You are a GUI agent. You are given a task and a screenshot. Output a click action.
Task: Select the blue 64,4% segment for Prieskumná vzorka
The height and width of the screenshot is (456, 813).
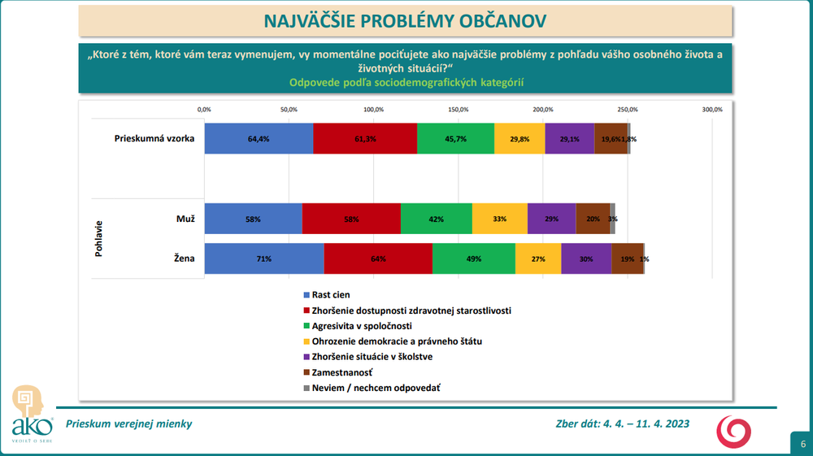pyautogui.click(x=259, y=139)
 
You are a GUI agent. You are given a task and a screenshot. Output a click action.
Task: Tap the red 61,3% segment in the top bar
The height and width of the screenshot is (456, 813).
pyautogui.click(x=365, y=139)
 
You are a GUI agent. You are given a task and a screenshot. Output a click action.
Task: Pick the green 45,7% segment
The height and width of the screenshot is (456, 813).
pyautogui.click(x=455, y=139)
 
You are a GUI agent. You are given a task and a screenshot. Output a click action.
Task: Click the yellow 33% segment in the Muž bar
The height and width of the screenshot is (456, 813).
pyautogui.click(x=499, y=219)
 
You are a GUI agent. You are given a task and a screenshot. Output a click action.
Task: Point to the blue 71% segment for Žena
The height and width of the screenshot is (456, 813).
pyautogui.click(x=263, y=259)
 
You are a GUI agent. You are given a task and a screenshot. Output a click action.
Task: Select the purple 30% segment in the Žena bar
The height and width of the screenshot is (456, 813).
pyautogui.click(x=586, y=259)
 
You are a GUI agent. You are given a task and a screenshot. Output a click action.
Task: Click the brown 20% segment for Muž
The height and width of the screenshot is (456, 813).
pyautogui.click(x=593, y=219)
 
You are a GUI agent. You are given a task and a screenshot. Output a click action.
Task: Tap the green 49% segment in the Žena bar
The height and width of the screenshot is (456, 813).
pyautogui.click(x=474, y=259)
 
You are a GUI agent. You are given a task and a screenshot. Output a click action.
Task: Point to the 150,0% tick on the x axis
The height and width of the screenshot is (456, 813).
pyautogui.click(x=458, y=109)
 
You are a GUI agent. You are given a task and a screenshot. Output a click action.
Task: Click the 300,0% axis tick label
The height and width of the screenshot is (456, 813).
pyautogui.click(x=711, y=109)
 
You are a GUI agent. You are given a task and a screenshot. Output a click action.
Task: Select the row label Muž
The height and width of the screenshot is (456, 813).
pyautogui.click(x=184, y=218)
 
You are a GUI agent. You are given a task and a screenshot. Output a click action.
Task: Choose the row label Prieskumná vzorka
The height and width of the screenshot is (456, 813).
pyautogui.click(x=154, y=138)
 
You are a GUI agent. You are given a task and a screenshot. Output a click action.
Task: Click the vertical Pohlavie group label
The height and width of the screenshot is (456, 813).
pyautogui.click(x=99, y=238)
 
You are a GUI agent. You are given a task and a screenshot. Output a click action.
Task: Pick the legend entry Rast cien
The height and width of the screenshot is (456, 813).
pyautogui.click(x=331, y=295)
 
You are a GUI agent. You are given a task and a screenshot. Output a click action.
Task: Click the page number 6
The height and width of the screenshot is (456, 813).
pyautogui.click(x=802, y=445)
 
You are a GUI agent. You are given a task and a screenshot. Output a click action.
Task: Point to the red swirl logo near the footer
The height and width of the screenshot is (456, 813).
pyautogui.click(x=733, y=430)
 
